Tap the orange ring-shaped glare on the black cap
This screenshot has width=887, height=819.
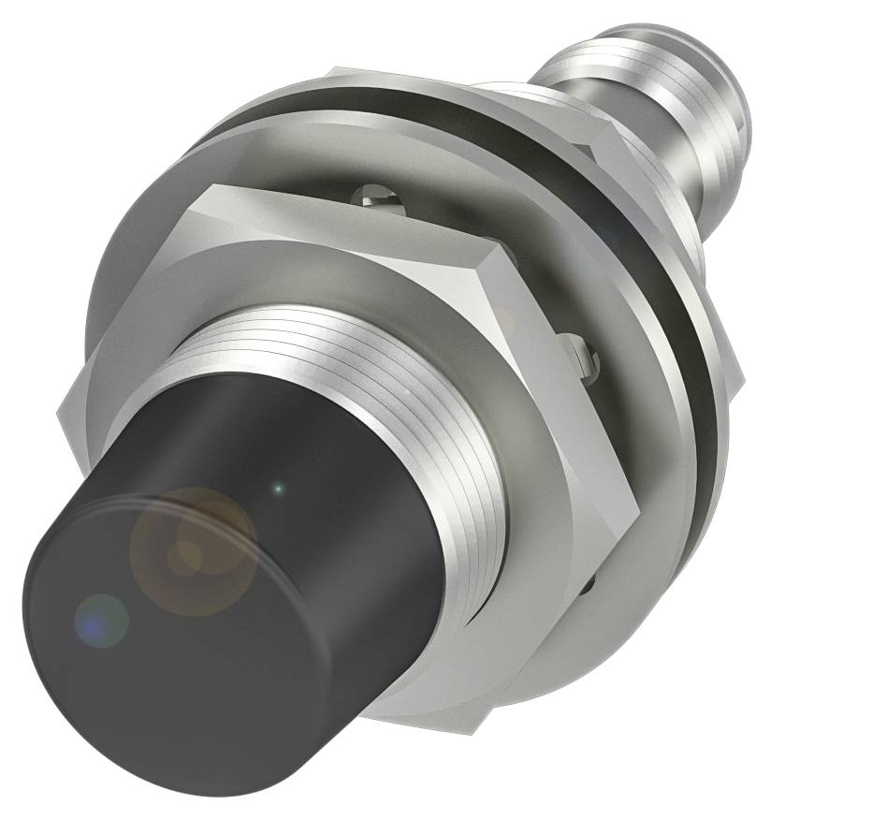[192, 548]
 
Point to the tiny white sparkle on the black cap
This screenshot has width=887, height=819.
[277, 487]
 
